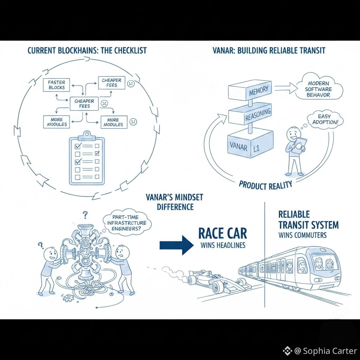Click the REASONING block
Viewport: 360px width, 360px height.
pos(250,116)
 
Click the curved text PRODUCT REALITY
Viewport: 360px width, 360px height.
pos(265,185)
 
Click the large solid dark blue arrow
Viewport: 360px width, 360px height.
pos(176,245)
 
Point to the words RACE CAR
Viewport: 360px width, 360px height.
pos(223,233)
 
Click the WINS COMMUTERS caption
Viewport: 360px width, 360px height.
pos(301,235)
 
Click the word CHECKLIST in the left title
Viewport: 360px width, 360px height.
pos(127,51)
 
